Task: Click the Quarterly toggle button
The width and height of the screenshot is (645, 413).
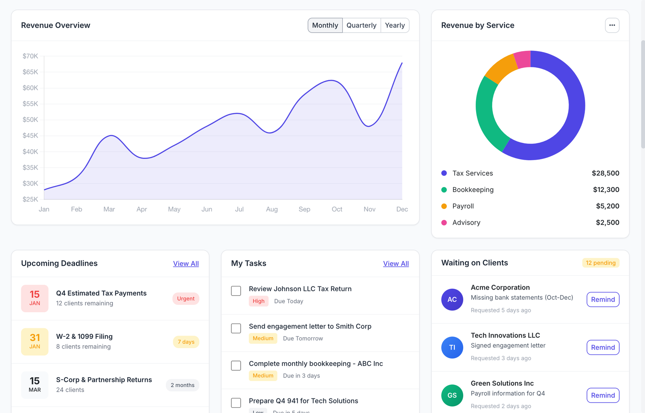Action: click(361, 25)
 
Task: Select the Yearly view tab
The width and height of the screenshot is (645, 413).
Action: click(395, 25)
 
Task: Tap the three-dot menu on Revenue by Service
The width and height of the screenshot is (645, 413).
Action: click(612, 25)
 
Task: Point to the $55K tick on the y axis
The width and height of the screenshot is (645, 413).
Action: click(30, 104)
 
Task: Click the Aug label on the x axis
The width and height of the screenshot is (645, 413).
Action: click(272, 209)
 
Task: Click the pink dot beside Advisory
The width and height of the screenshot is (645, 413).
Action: click(444, 223)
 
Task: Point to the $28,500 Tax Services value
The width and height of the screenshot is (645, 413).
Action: click(605, 173)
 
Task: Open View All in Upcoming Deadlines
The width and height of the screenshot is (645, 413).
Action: click(186, 264)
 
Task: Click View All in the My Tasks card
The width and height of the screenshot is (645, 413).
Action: click(396, 264)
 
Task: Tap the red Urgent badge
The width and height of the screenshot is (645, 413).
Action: click(186, 299)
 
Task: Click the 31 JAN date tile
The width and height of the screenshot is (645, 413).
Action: click(35, 342)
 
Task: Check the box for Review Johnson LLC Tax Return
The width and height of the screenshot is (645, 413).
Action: click(236, 291)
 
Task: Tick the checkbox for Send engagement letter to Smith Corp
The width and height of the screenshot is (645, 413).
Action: click(236, 328)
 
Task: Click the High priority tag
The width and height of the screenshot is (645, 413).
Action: click(258, 301)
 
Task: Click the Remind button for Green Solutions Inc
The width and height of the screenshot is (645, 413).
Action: click(603, 395)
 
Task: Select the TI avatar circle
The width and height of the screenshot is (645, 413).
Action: click(452, 347)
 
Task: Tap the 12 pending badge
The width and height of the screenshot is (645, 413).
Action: click(601, 263)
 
